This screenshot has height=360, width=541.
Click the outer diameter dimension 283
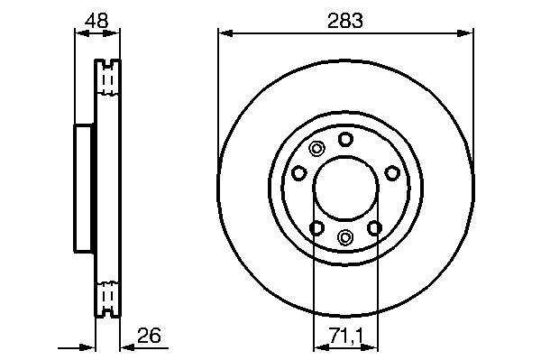click(x=345, y=21)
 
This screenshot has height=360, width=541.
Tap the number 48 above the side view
click(x=96, y=21)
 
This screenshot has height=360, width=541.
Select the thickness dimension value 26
click(x=149, y=335)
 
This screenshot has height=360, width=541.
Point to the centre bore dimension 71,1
click(x=346, y=335)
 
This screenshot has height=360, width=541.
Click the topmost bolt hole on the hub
click(x=345, y=139)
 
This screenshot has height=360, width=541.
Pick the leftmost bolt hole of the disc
click(x=299, y=172)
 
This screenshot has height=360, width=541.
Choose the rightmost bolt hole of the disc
click(x=392, y=172)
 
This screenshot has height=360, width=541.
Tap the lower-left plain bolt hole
click(x=316, y=227)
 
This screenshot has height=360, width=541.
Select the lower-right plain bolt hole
click(x=374, y=227)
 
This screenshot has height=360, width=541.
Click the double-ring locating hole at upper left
click(x=316, y=149)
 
